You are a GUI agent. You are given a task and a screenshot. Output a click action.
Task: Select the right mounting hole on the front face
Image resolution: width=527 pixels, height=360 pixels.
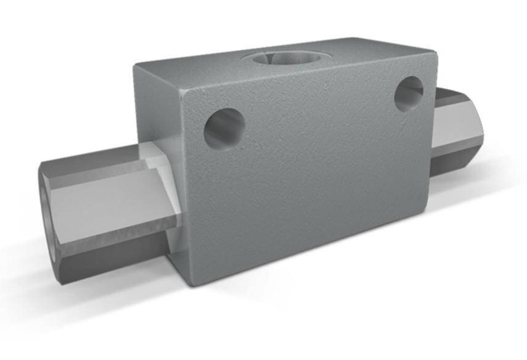[x=409, y=94]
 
